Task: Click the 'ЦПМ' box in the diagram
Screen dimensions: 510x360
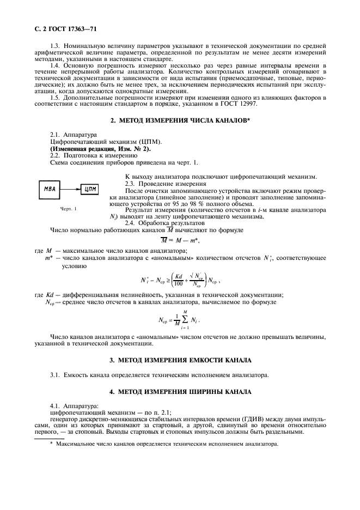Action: [x=90, y=190]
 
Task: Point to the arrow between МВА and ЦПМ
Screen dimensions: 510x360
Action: [x=70, y=190]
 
